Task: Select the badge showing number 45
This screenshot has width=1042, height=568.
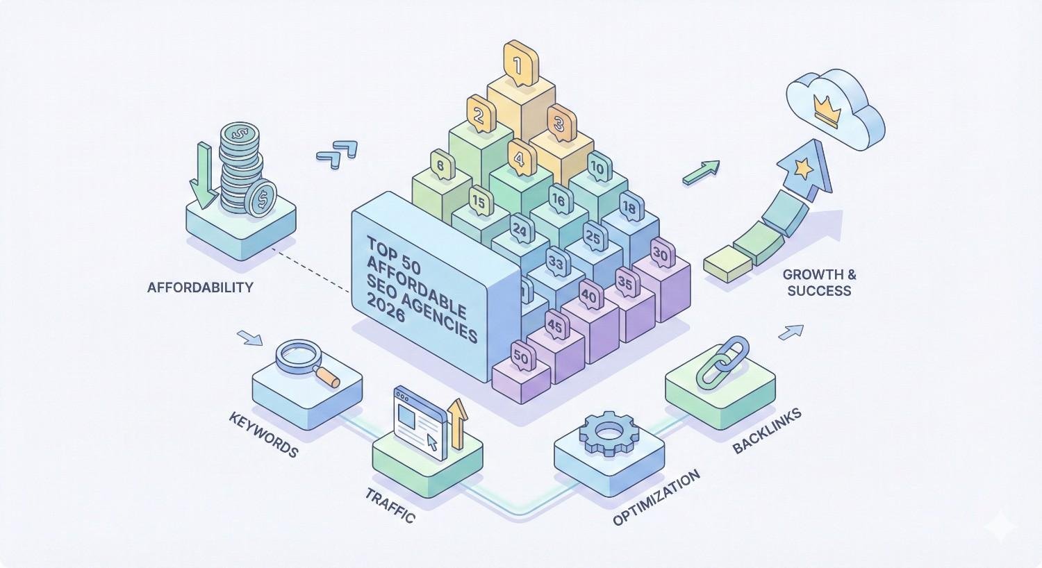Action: (555, 324)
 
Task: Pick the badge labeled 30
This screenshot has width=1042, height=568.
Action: (660, 255)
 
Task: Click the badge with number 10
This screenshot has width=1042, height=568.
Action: (597, 167)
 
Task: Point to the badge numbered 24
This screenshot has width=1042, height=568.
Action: (519, 228)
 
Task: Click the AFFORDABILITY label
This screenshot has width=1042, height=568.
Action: (200, 287)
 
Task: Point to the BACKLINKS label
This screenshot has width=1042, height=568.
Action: (767, 431)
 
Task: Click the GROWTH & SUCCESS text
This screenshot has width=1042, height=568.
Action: (819, 282)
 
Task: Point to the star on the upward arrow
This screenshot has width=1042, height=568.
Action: (804, 167)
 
